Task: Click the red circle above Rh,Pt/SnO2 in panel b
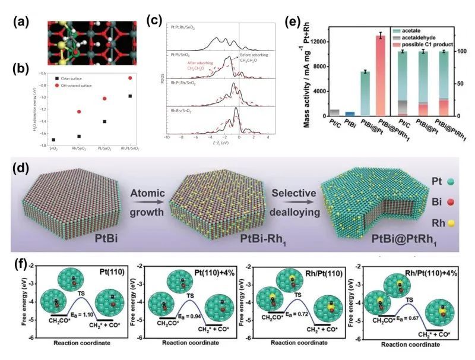(129, 78)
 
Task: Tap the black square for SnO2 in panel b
(53, 139)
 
